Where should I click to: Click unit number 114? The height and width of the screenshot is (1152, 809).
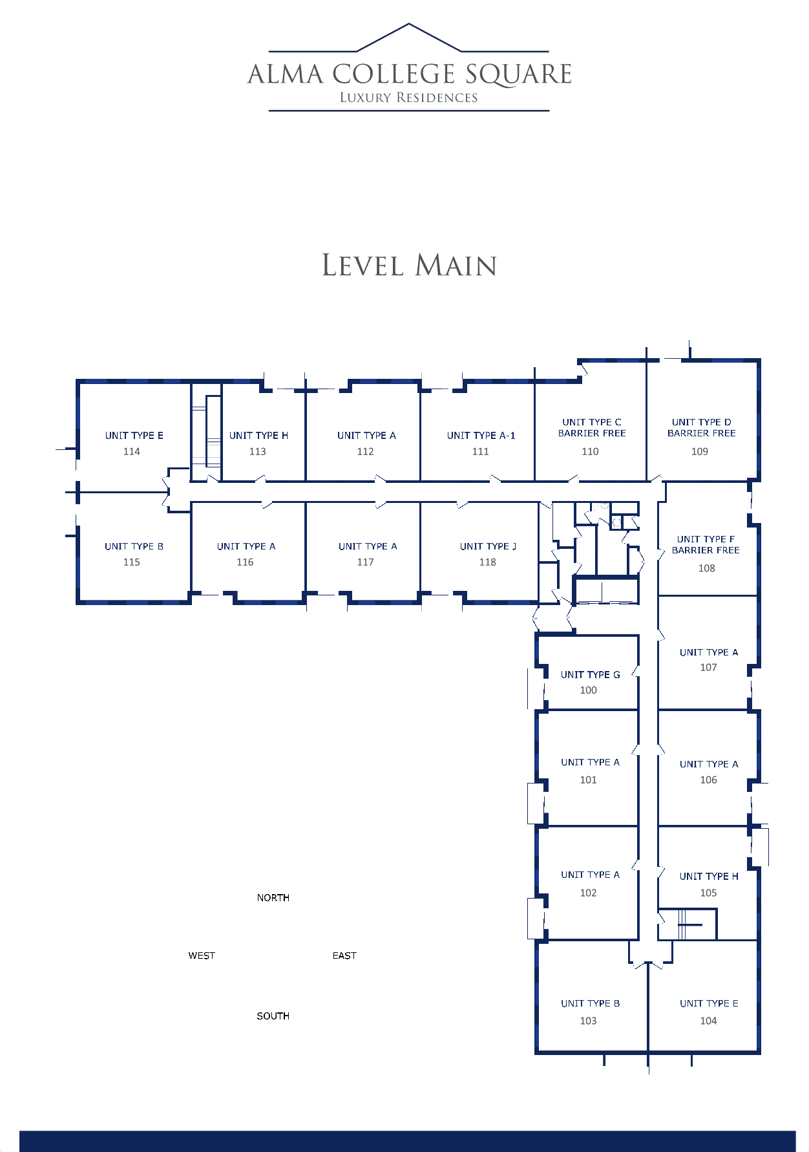coord(132,451)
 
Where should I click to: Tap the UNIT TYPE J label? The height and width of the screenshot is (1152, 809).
coord(488,546)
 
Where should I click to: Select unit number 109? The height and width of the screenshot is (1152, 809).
coord(700,451)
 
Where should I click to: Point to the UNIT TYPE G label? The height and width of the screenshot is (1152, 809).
coord(590,674)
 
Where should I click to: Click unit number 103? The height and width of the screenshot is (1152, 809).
coord(588,1021)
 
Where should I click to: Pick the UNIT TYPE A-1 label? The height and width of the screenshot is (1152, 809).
coord(481,435)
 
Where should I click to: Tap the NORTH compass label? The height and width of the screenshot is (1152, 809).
coord(273,897)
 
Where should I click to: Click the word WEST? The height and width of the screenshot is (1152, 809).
coord(202,955)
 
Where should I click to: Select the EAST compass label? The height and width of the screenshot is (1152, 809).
coord(344,955)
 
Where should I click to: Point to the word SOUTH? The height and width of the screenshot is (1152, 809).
coord(273,1016)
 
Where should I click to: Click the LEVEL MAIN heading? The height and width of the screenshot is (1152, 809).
coord(410,266)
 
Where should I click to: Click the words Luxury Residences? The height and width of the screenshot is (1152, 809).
coord(409,98)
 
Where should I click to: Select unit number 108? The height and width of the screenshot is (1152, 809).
coord(706,568)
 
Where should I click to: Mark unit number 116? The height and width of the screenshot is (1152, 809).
coord(245,562)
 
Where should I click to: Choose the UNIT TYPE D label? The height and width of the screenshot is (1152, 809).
coord(702,422)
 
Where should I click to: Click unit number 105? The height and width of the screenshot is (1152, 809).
coord(708,893)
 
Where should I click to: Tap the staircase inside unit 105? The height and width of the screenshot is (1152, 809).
coord(688,924)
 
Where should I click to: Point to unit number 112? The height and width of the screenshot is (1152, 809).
coord(365,451)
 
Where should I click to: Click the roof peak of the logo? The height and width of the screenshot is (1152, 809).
coord(409,24)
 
